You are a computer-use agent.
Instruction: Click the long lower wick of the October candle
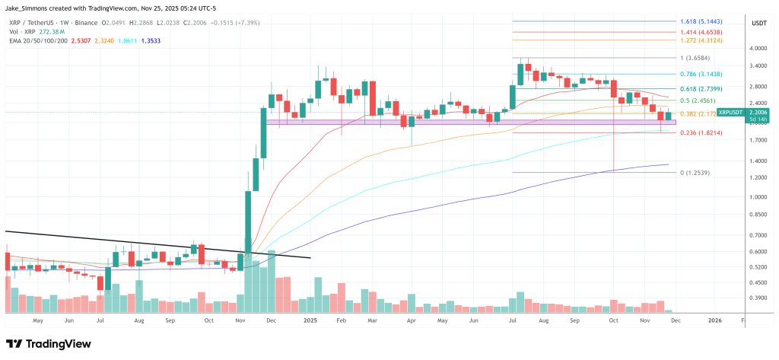[x=613, y=145]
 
